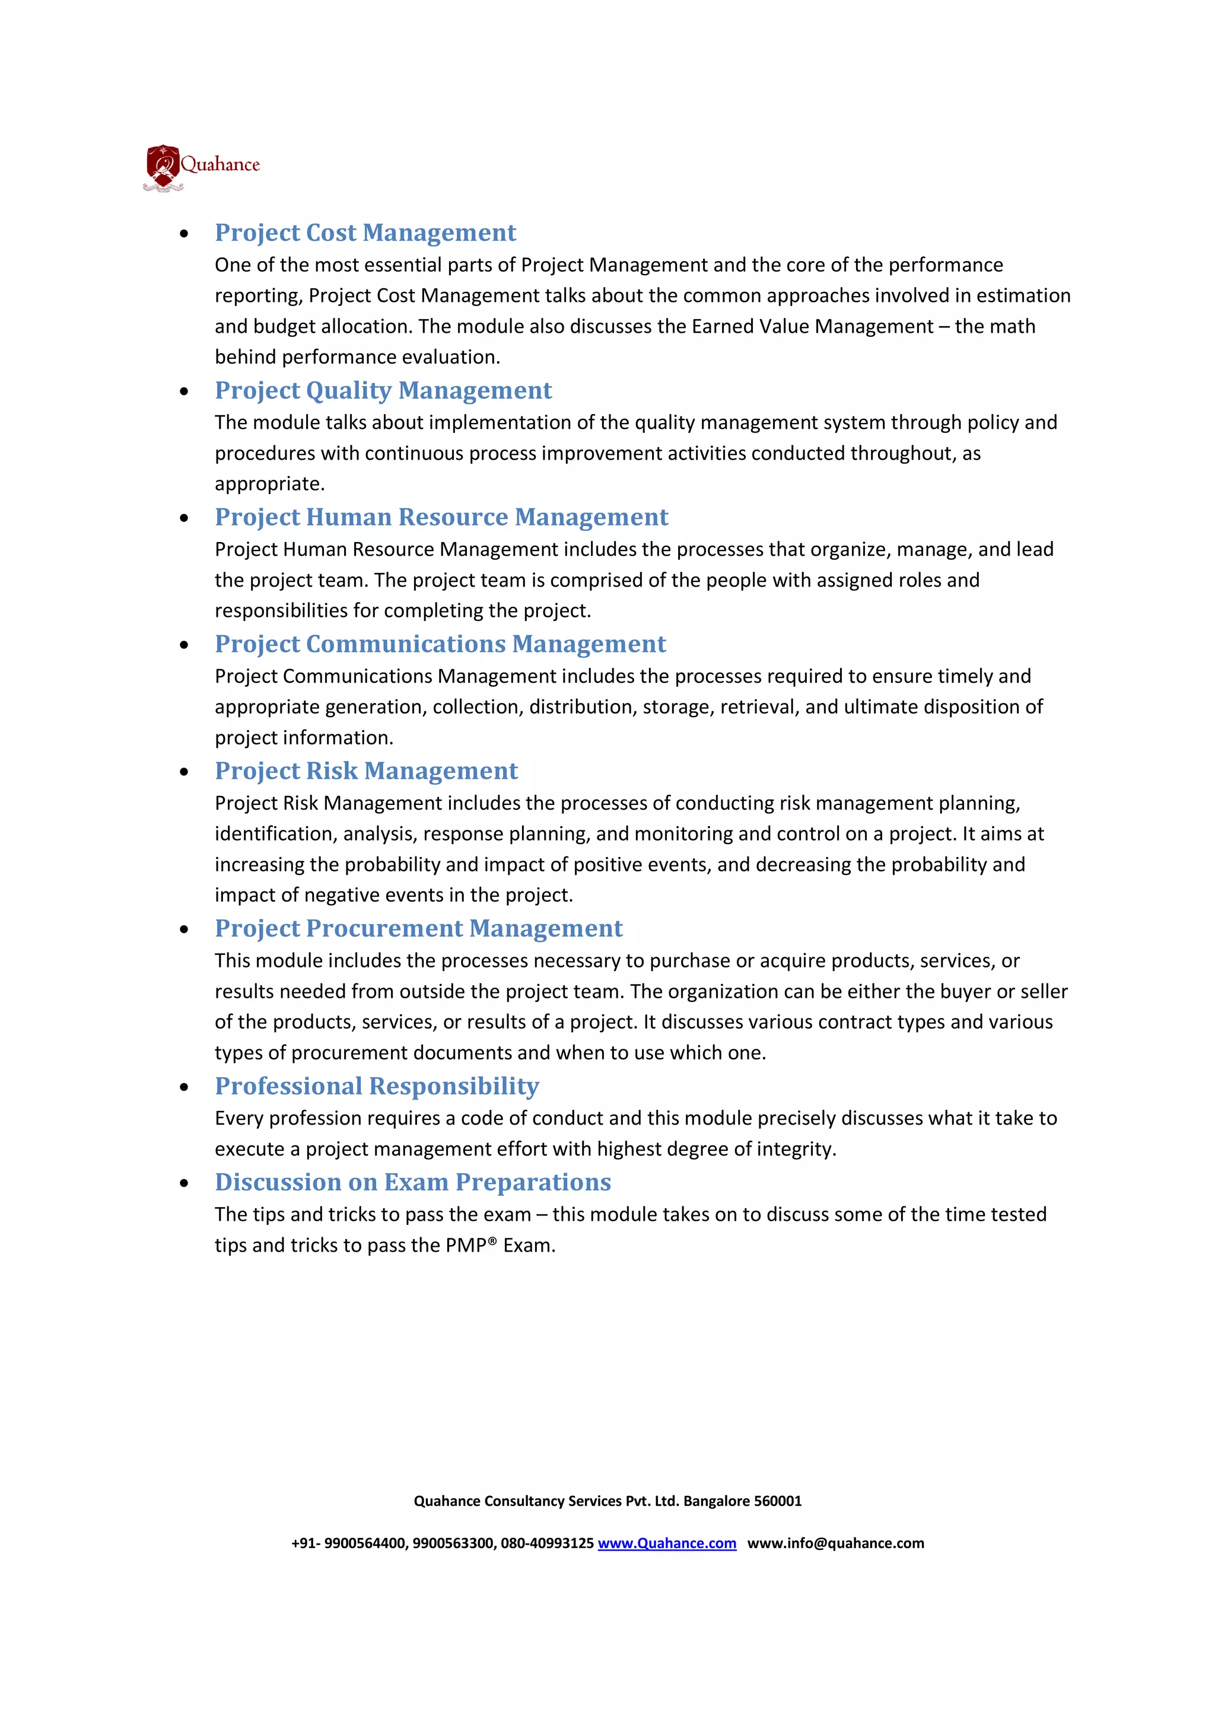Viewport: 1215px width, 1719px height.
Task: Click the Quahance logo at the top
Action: [x=201, y=167]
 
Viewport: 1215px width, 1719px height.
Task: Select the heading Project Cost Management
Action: [x=365, y=233]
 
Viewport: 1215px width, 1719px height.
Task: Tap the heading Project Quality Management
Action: [x=383, y=390]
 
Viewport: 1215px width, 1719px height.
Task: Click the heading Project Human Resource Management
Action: [x=441, y=517]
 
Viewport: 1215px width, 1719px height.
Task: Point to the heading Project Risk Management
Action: [x=366, y=771]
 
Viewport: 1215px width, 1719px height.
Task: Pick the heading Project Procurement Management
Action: [x=418, y=928]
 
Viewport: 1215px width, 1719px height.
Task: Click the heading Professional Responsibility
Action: [x=377, y=1085]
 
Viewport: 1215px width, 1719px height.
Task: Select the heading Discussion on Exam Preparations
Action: [x=412, y=1182]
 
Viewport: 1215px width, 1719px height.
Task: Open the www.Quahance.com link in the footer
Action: [x=666, y=1544]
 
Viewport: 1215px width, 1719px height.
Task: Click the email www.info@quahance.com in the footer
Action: [x=835, y=1544]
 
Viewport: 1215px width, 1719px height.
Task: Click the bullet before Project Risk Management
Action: [x=184, y=773]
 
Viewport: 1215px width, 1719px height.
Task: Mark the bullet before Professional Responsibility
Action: [x=184, y=1088]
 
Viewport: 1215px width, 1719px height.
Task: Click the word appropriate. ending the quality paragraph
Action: [x=269, y=485]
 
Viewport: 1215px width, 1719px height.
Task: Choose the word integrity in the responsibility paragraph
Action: [x=796, y=1149]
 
